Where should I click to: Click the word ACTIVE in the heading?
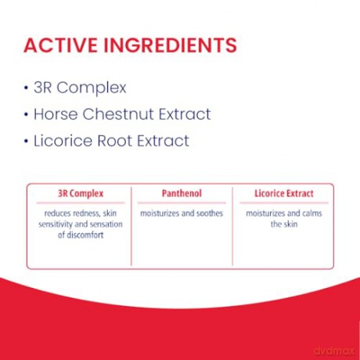(60, 45)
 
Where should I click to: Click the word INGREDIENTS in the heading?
(171, 45)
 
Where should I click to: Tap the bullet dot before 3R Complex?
(26, 88)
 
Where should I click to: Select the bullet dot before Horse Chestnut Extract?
(26, 114)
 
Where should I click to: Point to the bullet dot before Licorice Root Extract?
(26, 141)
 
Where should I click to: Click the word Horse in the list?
(56, 114)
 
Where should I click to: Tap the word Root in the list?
(114, 141)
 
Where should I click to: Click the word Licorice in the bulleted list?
(63, 141)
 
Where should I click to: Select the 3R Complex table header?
(81, 193)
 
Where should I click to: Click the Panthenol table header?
(182, 193)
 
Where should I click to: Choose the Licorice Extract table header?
(284, 193)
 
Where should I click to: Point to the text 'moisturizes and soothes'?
(182, 214)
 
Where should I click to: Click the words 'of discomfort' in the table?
(81, 235)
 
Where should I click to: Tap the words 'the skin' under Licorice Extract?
(284, 224)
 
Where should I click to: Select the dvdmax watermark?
(334, 351)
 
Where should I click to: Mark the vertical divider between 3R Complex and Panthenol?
(131, 226)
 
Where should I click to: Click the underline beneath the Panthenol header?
(182, 203)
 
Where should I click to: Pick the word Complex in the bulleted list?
(92, 88)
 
